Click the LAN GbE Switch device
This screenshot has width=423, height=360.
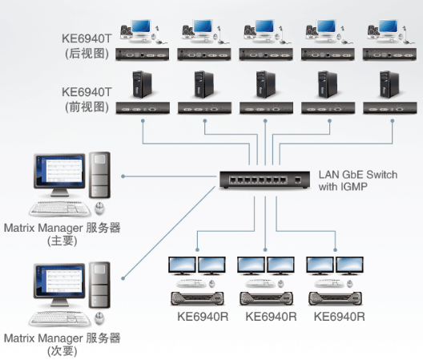[264, 180]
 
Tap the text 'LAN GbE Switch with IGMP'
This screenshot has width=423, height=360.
[358, 180]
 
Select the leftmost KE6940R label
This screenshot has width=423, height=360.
[203, 317]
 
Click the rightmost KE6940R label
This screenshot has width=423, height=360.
[340, 317]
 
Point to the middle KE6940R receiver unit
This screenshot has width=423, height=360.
[267, 299]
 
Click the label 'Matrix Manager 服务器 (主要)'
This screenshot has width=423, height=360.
[62, 234]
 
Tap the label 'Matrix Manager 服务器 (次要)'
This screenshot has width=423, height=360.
[62, 344]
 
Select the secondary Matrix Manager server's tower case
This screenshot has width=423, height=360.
[99, 285]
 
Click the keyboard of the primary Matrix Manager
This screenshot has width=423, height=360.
[60, 208]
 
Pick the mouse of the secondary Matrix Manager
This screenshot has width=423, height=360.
[99, 318]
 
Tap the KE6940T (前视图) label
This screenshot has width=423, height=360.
[87, 99]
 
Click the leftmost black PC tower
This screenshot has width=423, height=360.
[142, 84]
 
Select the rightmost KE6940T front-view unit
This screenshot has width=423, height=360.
[390, 108]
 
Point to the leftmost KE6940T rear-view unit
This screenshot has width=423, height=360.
[142, 55]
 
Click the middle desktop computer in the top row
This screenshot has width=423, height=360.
[266, 31]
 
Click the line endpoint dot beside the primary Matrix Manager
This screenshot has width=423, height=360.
[123, 176]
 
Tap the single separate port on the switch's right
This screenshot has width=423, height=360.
[298, 180]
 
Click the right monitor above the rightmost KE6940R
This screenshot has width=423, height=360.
[349, 265]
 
